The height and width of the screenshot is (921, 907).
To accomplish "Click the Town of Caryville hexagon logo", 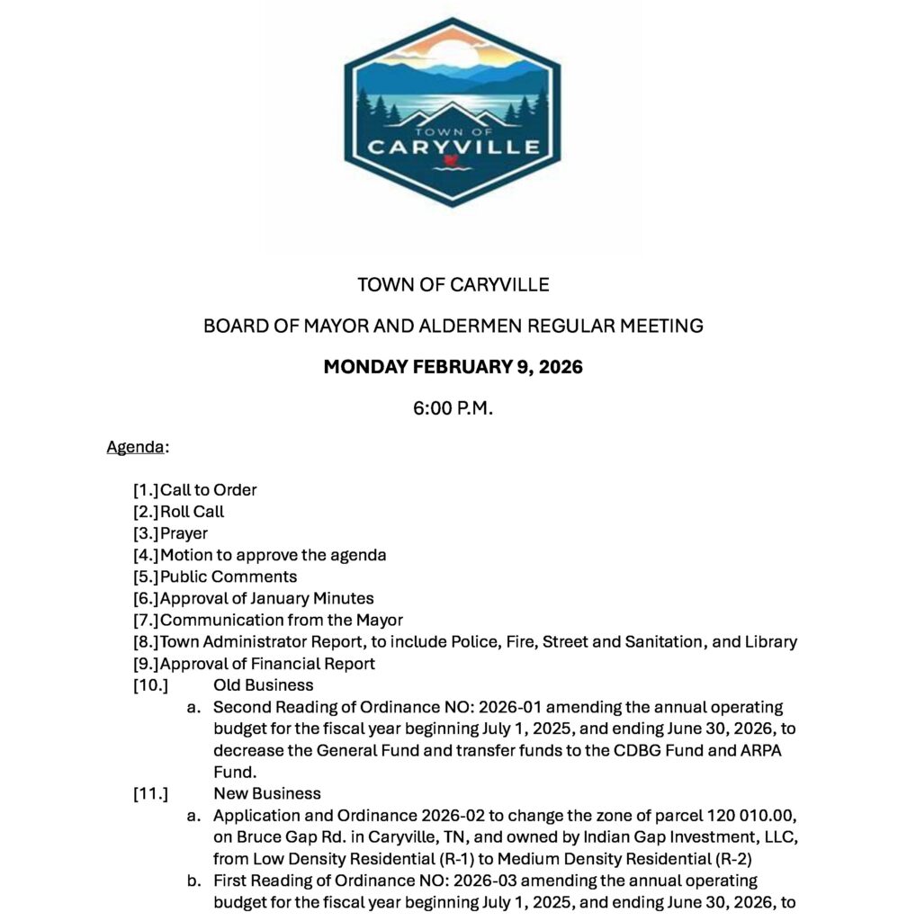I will (x=453, y=112).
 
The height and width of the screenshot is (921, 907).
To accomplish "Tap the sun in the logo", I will (x=454, y=52).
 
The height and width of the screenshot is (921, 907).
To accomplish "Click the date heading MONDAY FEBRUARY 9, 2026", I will (x=453, y=367).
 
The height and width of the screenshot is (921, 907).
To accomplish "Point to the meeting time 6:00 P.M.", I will (x=453, y=407).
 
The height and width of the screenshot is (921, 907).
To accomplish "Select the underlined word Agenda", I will (x=135, y=447).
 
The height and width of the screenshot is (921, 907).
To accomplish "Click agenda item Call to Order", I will (x=208, y=490).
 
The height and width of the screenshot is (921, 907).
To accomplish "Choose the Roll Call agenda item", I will (x=192, y=512).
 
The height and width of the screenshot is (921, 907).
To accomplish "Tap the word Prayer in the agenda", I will (x=184, y=533).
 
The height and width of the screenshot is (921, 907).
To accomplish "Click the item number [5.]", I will (x=146, y=577).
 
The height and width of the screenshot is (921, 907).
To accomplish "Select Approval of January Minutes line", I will (x=266, y=598).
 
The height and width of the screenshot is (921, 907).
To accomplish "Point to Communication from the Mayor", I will (x=281, y=620).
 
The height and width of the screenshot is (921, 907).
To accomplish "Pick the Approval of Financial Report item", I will (x=267, y=664).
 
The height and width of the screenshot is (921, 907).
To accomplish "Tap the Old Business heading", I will (x=263, y=685).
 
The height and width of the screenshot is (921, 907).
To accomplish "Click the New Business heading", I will (x=266, y=793).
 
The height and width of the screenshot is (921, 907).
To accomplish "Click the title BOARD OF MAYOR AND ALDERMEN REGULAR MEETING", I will (x=453, y=326).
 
